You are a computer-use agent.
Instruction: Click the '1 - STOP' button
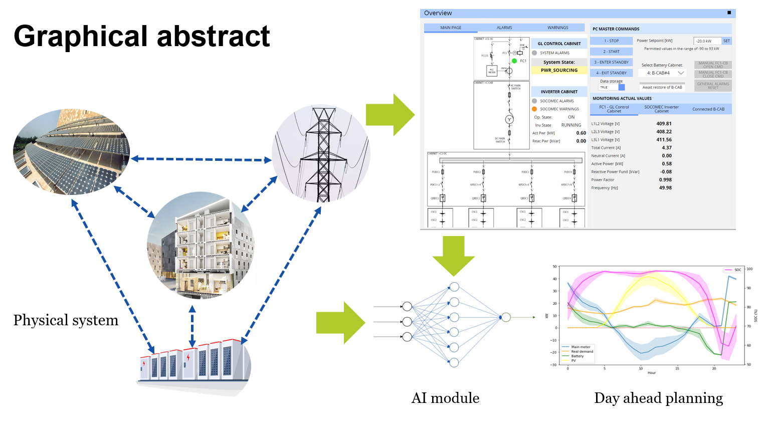click(611, 41)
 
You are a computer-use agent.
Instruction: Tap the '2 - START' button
click(611, 52)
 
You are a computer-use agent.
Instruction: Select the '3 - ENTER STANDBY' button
click(611, 62)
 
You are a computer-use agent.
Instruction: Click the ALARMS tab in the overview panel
click(504, 28)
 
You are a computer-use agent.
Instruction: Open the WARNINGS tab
click(557, 28)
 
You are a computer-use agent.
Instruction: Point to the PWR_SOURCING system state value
click(559, 70)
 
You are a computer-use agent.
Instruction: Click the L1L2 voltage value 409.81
click(664, 124)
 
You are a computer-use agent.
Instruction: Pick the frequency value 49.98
click(665, 188)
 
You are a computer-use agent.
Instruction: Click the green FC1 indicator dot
click(514, 61)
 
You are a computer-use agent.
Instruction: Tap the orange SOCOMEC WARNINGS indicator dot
click(534, 109)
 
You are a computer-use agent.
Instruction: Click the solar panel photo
click(71, 152)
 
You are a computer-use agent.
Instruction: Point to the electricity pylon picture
click(321, 154)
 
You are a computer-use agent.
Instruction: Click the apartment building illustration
click(201, 246)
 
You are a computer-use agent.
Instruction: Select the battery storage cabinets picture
click(193, 363)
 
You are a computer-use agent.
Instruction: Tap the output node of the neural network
click(506, 317)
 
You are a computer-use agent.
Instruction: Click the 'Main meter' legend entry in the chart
click(581, 347)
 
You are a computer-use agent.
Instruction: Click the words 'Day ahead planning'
click(658, 398)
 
